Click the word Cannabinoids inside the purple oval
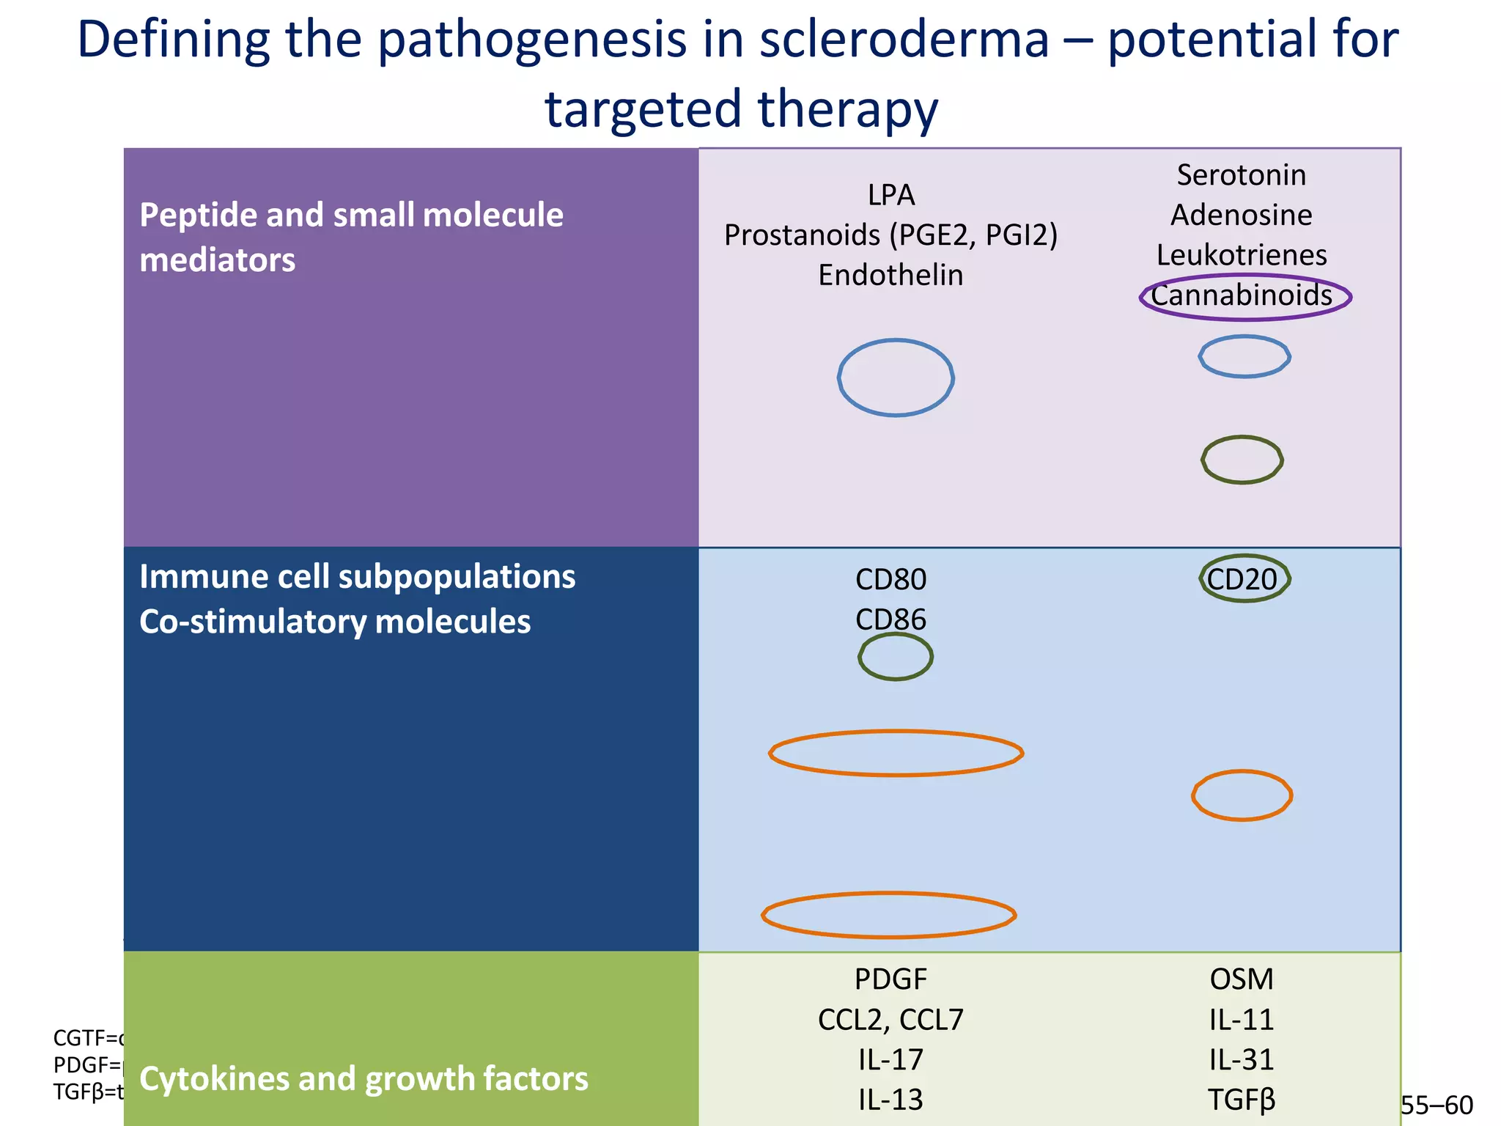tap(1242, 296)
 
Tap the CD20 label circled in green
tap(1242, 580)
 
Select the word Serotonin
tap(1242, 175)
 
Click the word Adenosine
tap(1242, 216)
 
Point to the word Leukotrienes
tap(1242, 256)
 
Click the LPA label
tap(891, 195)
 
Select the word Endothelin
tap(891, 276)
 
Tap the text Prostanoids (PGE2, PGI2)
tap(891, 235)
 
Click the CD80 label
tap(891, 580)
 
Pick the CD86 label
tap(891, 620)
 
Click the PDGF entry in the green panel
tap(891, 979)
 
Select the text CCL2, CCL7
tap(891, 1020)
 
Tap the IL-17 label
tap(891, 1060)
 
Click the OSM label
tap(1242, 979)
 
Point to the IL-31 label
tap(1242, 1060)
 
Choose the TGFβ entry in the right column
tap(1242, 1100)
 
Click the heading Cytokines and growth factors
tap(364, 1079)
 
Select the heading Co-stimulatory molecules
tap(335, 622)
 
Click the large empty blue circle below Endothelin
tap(896, 378)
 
